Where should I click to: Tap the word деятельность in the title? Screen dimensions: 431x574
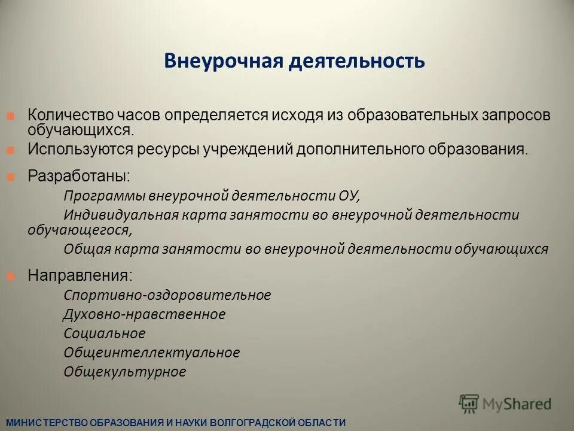click(357, 61)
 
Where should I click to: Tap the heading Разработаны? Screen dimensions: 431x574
click(78, 177)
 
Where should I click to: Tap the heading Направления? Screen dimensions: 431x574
click(81, 276)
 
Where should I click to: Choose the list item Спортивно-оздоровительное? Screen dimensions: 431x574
click(167, 295)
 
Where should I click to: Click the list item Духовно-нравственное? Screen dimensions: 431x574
click(144, 314)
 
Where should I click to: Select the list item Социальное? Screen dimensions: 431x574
click(104, 333)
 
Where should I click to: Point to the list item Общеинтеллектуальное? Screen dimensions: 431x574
click(151, 353)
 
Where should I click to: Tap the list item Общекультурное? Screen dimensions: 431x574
click(124, 372)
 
